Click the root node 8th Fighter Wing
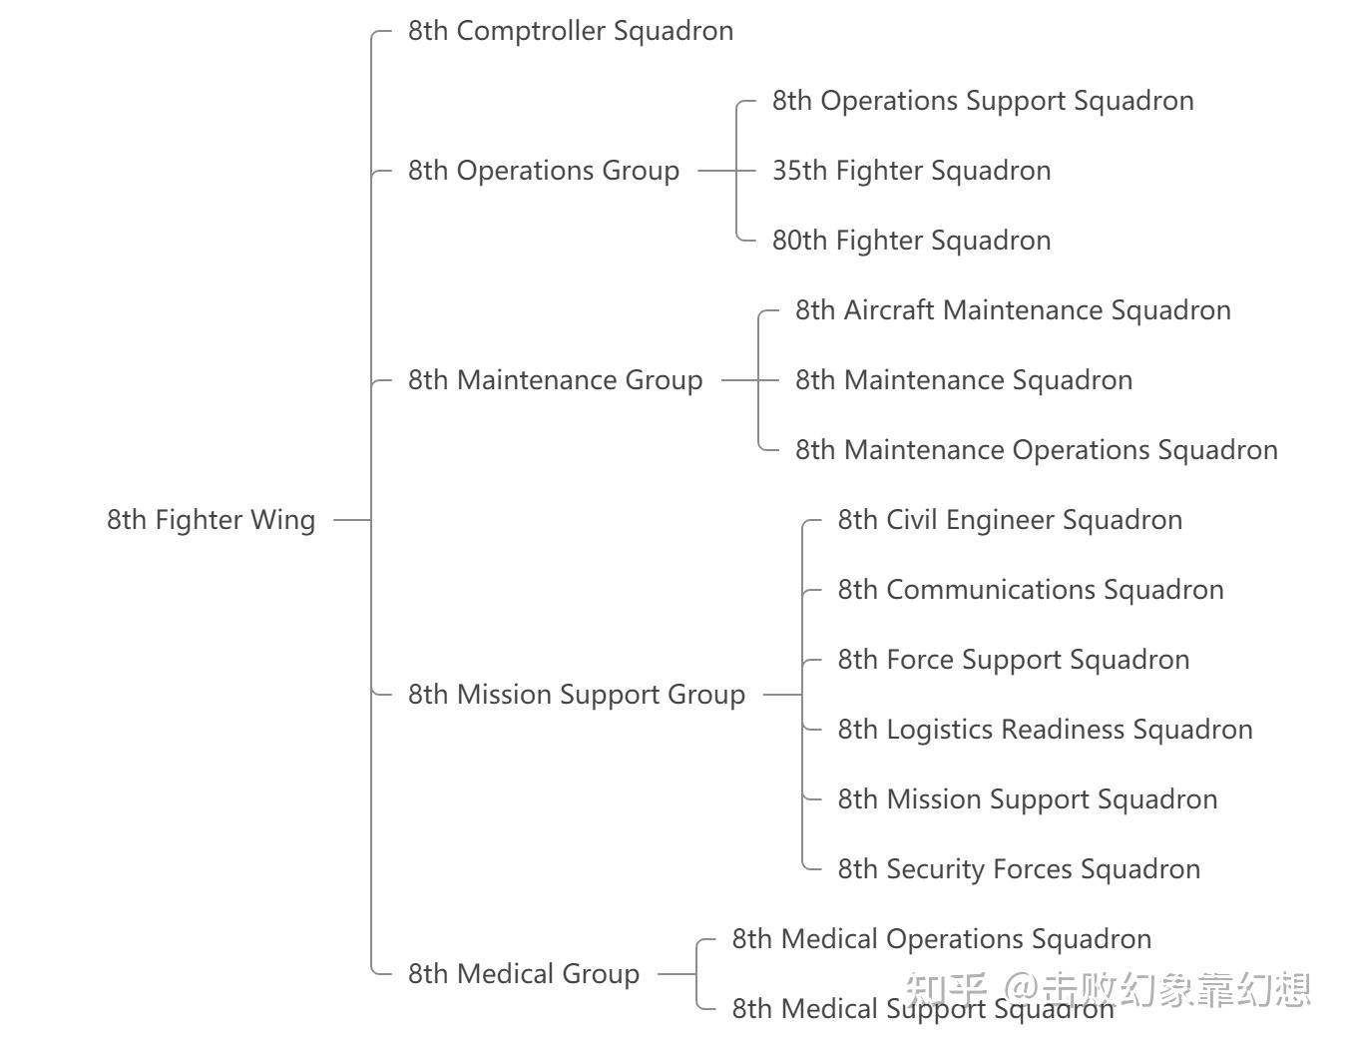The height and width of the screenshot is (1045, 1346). [211, 520]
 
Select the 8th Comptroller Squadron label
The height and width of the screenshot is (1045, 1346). [571, 31]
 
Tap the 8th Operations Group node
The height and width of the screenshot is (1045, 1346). [543, 171]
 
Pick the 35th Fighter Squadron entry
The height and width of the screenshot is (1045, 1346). [911, 171]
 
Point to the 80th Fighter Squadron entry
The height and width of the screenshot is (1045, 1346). [911, 241]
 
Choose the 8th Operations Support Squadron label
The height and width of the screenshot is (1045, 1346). [983, 101]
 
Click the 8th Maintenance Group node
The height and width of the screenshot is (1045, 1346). [555, 379]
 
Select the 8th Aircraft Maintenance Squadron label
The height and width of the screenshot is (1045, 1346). [1013, 309]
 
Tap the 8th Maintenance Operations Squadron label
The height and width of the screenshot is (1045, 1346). [1037, 450]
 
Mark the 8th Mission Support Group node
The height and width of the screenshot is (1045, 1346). [576, 695]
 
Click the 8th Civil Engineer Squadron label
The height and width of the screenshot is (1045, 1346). [1010, 520]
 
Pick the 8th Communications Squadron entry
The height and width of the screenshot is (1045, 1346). [1031, 590]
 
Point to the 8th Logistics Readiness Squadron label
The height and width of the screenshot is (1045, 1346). [1045, 729]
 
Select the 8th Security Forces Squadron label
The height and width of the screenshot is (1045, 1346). [1019, 869]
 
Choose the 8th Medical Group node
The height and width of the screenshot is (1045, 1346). [524, 974]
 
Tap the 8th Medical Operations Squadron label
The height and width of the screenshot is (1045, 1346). [942, 939]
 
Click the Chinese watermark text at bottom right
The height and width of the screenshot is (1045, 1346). [1108, 989]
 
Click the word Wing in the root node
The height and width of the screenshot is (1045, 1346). [283, 520]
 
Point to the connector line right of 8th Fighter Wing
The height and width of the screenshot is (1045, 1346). [352, 520]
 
